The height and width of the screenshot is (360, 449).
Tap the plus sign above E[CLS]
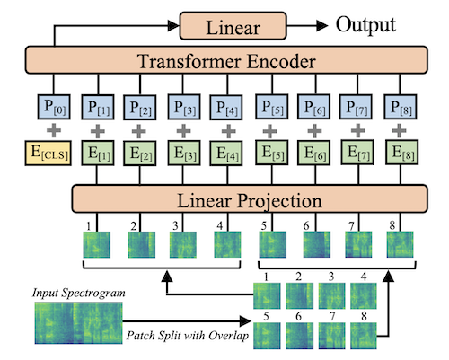[52, 130]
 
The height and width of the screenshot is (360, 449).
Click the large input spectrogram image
[73, 324]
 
